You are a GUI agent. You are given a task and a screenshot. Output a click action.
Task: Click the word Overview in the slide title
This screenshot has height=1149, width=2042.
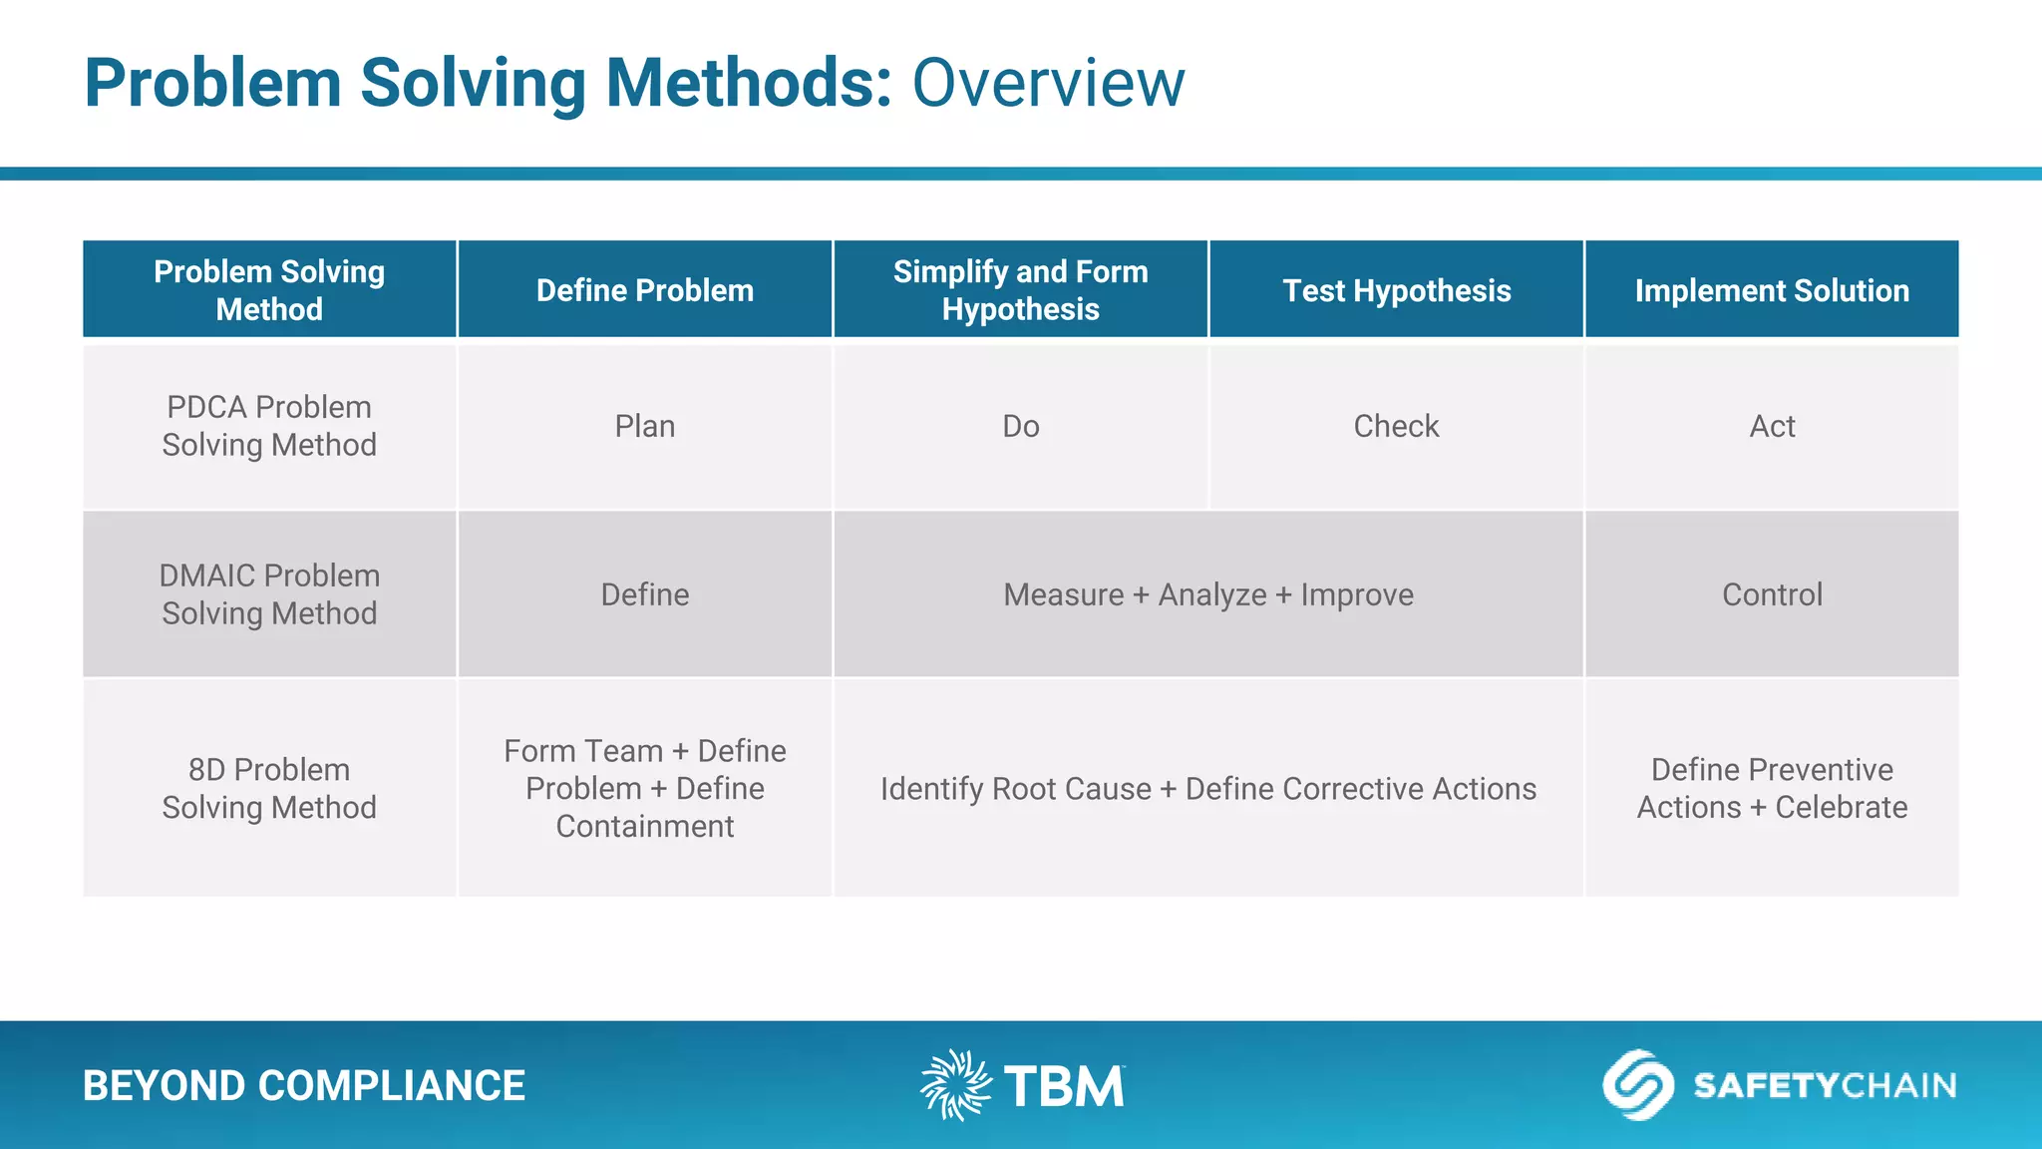pyautogui.click(x=1048, y=83)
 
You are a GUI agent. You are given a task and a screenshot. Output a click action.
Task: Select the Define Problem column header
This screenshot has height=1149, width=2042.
pyautogui.click(x=645, y=290)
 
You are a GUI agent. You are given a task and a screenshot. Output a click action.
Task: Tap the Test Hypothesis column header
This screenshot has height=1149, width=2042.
pyautogui.click(x=1396, y=290)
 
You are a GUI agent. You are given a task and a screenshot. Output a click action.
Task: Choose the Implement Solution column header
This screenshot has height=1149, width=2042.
pyautogui.click(x=1772, y=290)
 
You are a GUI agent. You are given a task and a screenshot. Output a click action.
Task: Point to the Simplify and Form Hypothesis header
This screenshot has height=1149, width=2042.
pyautogui.click(x=1020, y=290)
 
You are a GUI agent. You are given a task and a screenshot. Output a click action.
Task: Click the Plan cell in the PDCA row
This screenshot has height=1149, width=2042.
pyautogui.click(x=645, y=426)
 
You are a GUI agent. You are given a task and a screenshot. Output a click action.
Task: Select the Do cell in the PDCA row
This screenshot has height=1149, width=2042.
pyautogui.click(x=1020, y=426)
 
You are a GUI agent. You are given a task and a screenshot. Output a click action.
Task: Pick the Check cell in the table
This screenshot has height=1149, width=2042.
pyautogui.click(x=1396, y=426)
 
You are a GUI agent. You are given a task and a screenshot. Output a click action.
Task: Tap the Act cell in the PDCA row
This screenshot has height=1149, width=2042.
pyautogui.click(x=1772, y=426)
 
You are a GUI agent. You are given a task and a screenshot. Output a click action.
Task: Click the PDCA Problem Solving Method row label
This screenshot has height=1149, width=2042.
pyautogui.click(x=269, y=426)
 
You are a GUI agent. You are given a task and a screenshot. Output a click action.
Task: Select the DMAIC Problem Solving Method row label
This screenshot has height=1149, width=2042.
pyautogui.click(x=269, y=594)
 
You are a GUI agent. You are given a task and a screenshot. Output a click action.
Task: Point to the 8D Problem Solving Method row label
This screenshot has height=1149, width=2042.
pyautogui.click(x=269, y=788)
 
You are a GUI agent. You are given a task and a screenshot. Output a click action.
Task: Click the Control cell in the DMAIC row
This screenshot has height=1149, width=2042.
pyautogui.click(x=1772, y=594)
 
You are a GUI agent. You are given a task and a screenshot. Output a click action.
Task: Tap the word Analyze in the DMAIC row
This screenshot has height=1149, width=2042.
pyautogui.click(x=1211, y=595)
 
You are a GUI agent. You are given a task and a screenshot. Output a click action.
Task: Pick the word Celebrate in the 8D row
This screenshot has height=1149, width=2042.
pyautogui.click(x=1841, y=807)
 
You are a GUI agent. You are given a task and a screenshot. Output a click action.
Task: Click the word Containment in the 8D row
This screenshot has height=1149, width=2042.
pyautogui.click(x=645, y=826)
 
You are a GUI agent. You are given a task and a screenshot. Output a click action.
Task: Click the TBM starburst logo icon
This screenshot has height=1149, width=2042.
pyautogui.click(x=955, y=1085)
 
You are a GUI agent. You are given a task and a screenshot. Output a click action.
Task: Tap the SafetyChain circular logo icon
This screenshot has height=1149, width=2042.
pyautogui.click(x=1637, y=1085)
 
